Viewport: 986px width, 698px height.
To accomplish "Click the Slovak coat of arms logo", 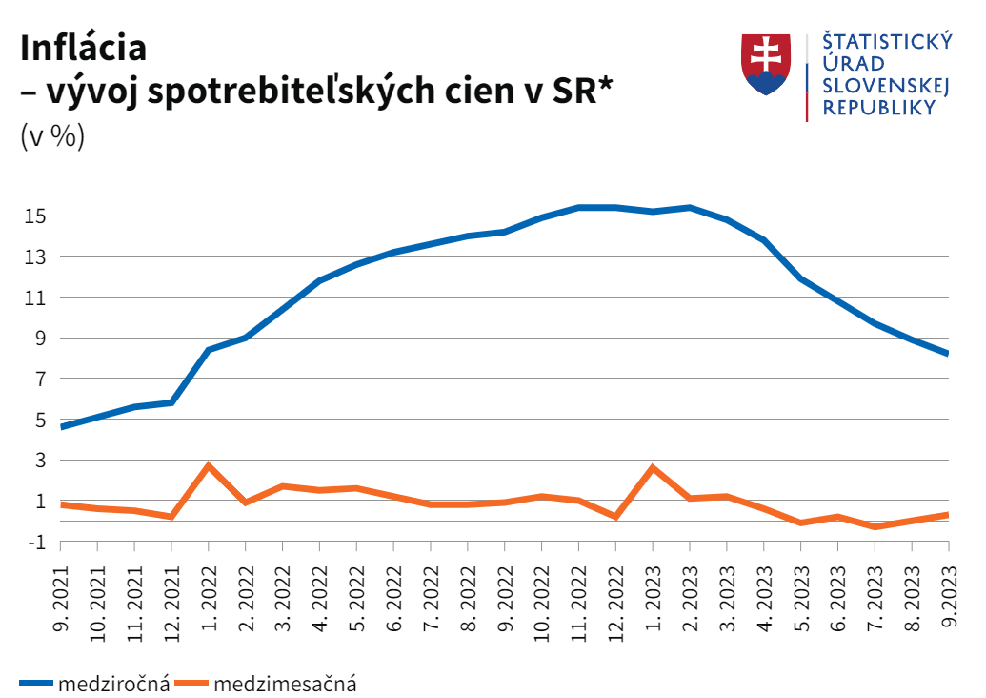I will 766,65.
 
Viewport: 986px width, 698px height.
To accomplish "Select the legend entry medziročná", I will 113,683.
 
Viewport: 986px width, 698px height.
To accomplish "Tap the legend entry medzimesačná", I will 285,683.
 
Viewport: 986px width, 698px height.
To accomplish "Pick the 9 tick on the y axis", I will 39,339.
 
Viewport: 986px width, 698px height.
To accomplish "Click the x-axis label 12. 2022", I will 615,598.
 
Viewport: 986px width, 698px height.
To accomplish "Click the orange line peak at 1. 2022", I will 209,465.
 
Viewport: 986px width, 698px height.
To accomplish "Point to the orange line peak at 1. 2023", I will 653,467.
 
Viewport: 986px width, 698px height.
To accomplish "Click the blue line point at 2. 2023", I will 690,208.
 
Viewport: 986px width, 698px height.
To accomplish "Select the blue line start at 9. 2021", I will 62,426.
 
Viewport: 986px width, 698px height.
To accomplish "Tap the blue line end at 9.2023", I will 948,353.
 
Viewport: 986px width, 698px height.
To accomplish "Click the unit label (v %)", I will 52,136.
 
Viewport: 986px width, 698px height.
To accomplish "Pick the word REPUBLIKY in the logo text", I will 878,109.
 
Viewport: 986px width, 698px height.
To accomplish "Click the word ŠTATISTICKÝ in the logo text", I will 887,41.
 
